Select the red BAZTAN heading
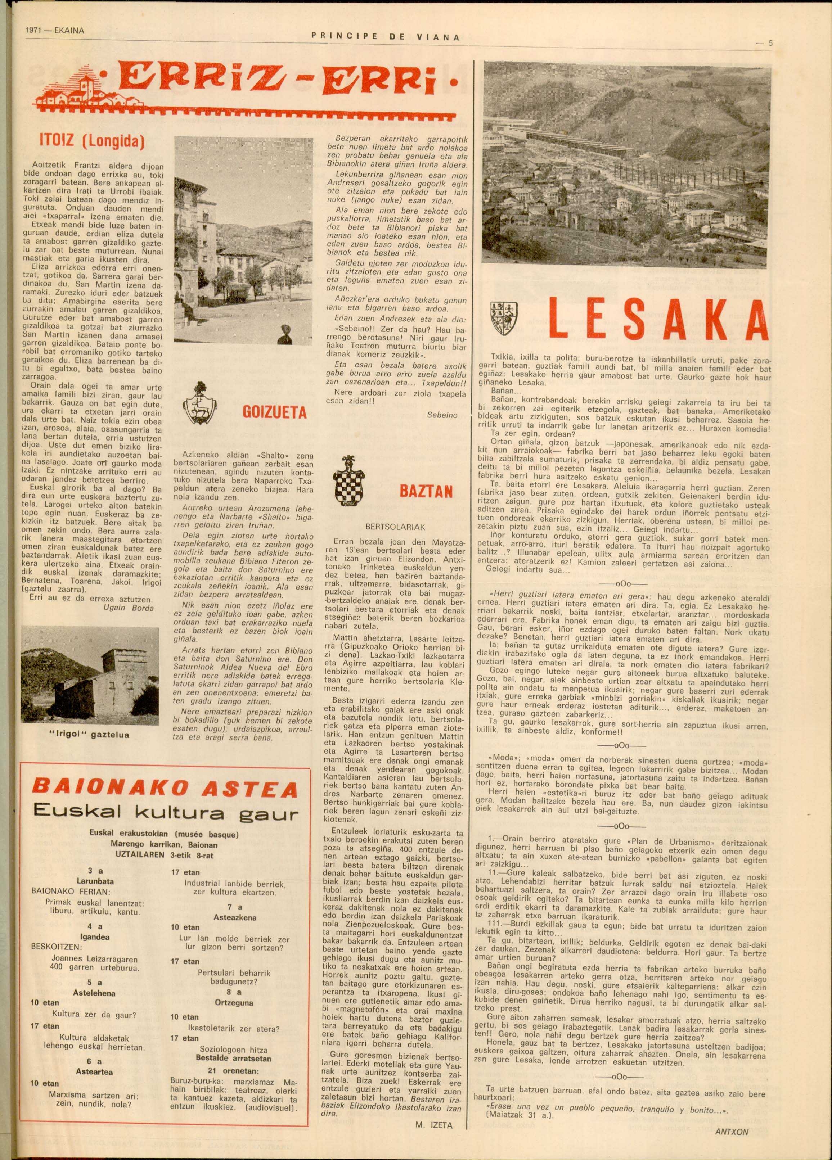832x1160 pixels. pyautogui.click(x=426, y=492)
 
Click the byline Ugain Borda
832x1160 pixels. pyautogui.click(x=130, y=608)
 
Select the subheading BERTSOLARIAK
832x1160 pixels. pyautogui.click(x=396, y=526)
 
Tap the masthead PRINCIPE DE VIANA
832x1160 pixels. pyautogui.click(x=385, y=37)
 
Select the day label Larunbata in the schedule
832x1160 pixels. pyautogui.click(x=95, y=881)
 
